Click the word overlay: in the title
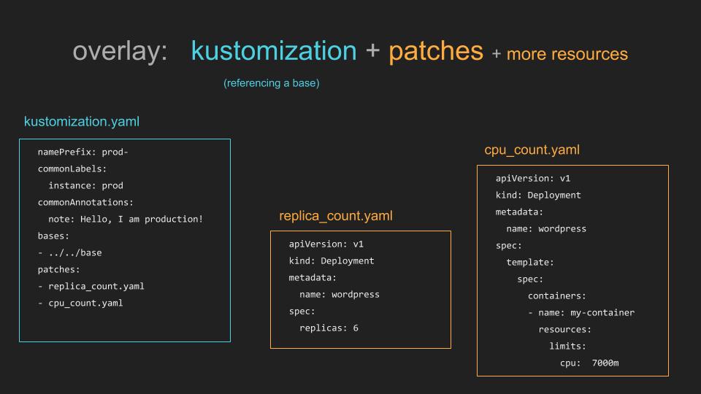[x=120, y=51]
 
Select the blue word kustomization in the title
[x=274, y=50]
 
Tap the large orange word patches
[x=436, y=52]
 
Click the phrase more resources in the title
[x=567, y=54]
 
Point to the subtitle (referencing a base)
[x=272, y=83]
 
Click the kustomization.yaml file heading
[x=82, y=122]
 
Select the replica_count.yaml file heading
[x=336, y=216]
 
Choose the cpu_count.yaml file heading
[x=532, y=150]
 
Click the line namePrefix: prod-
[x=83, y=152]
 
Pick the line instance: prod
[x=86, y=185]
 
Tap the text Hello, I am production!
[x=142, y=220]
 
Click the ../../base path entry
[x=75, y=253]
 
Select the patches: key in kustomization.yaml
[x=58, y=270]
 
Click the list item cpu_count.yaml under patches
[x=85, y=304]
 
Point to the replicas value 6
[x=356, y=328]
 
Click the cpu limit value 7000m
[x=605, y=363]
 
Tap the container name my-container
[x=602, y=313]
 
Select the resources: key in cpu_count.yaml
[x=564, y=330]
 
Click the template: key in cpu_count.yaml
[x=530, y=263]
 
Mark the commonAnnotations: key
[x=85, y=202]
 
